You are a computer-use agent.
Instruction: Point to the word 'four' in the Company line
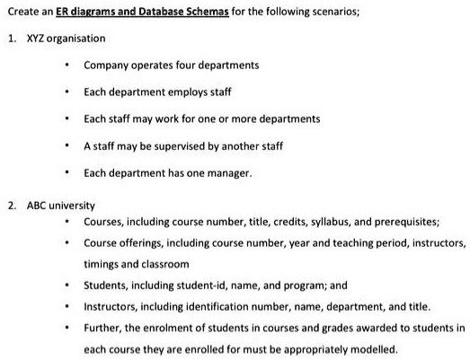(185, 66)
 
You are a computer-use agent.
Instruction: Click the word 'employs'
(186, 92)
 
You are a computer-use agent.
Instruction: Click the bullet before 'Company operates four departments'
(68, 66)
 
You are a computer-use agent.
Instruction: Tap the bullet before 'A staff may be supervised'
(68, 146)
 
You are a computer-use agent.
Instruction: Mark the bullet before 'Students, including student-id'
(68, 286)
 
